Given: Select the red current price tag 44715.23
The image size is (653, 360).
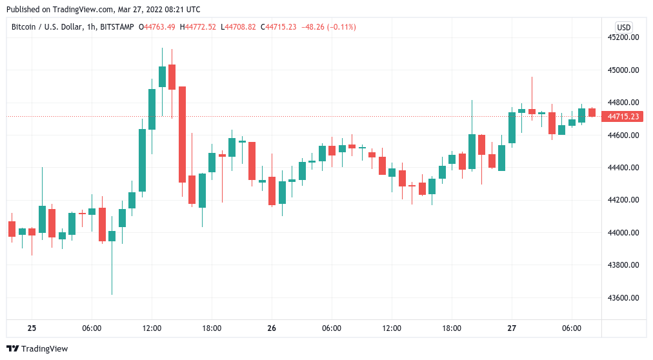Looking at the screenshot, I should [x=623, y=117].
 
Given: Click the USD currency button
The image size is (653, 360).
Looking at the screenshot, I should [x=623, y=27].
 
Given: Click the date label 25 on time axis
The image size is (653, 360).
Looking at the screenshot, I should [x=32, y=328].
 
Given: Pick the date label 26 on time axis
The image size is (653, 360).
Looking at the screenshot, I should [x=272, y=328].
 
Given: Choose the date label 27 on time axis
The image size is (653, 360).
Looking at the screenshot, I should [x=512, y=328].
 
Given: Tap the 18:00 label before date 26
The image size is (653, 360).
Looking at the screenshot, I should [x=212, y=328].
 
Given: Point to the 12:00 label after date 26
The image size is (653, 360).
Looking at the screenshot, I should [x=392, y=328].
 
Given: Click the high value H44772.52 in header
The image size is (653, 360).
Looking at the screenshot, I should [x=198, y=27].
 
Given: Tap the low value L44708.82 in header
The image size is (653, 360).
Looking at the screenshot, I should [x=238, y=27].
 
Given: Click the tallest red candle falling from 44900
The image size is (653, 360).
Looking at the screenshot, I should [x=182, y=134].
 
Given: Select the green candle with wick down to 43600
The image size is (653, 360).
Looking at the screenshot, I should [x=112, y=235].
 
